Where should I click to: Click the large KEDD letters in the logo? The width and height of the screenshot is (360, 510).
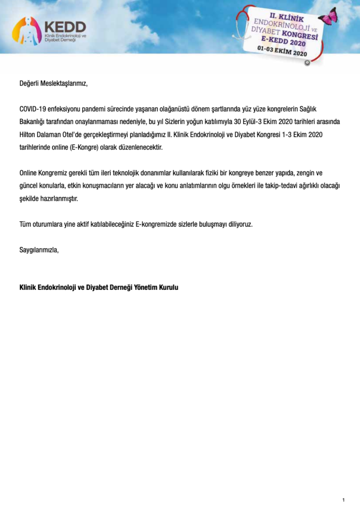pyautogui.click(x=65, y=27)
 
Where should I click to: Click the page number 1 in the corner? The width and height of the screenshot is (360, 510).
pyautogui.click(x=344, y=500)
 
